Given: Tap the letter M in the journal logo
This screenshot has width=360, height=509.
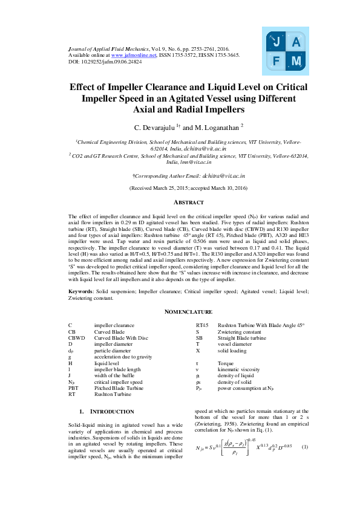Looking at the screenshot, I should tap(296, 61).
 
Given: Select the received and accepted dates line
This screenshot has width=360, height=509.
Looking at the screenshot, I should tap(180, 188).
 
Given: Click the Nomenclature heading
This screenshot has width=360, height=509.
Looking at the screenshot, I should tap(180, 312).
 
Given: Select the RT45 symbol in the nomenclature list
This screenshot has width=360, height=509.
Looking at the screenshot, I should tap(202, 325).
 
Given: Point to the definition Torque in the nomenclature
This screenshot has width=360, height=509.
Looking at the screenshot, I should tap(226, 364).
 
